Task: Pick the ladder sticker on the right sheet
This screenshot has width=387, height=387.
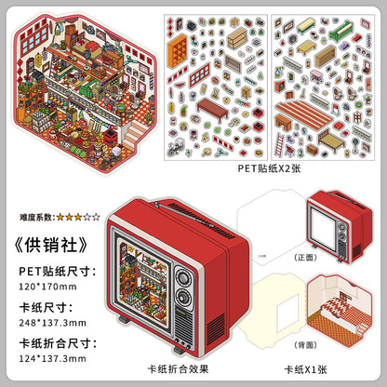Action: pyautogui.click(x=282, y=143)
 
